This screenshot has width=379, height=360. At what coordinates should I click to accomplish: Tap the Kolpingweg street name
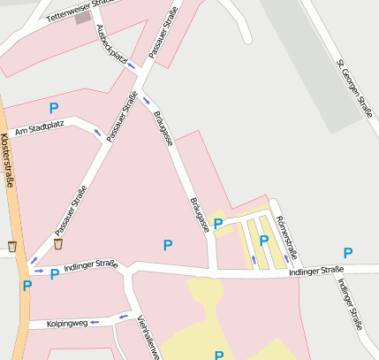coord(67,324)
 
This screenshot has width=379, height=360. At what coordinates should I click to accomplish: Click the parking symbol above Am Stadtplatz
coord(54,108)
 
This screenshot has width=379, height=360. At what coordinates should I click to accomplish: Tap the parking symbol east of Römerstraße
coord(347,253)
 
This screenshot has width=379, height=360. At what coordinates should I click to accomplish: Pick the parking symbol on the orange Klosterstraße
coord(27,286)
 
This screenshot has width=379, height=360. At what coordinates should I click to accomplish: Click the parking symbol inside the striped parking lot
coord(263,241)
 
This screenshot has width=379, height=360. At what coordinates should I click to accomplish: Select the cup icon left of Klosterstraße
coord(12,246)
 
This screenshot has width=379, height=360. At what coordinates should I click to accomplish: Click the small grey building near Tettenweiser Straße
coord(83,18)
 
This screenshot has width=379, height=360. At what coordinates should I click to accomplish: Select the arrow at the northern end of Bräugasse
coord(146,101)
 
